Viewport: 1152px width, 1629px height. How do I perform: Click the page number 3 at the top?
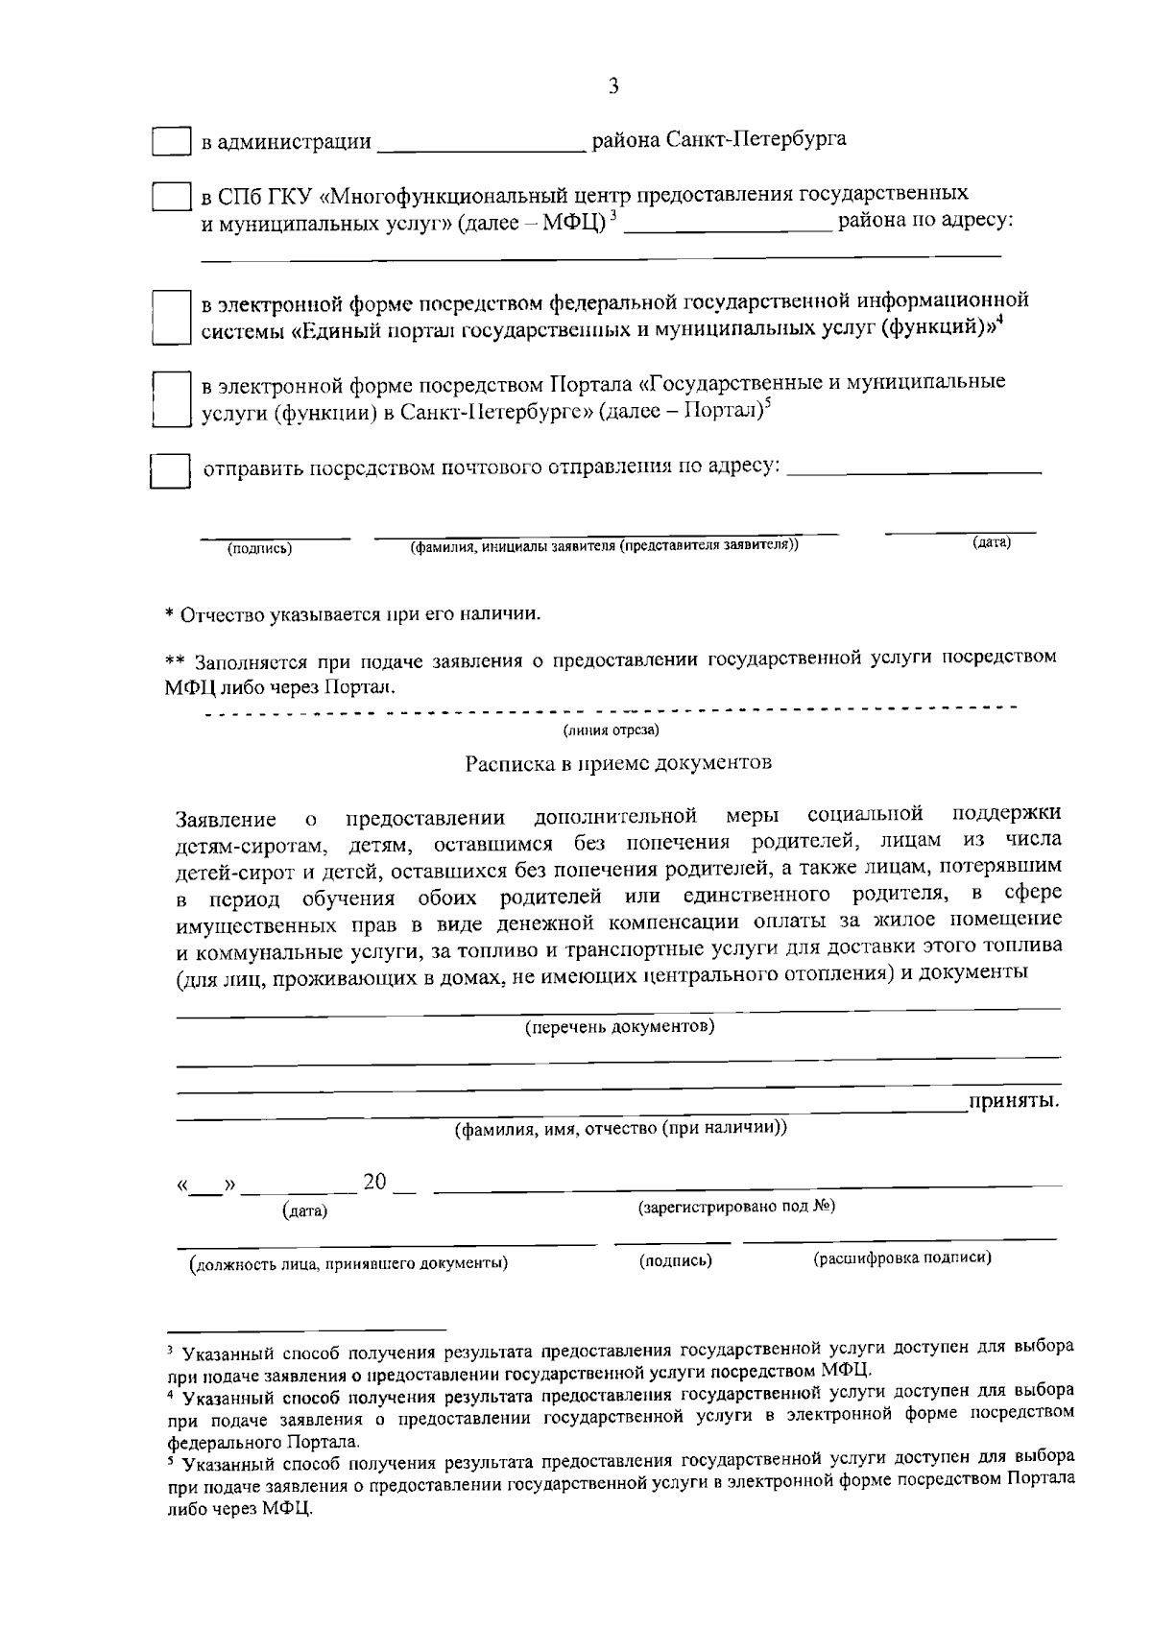[613, 86]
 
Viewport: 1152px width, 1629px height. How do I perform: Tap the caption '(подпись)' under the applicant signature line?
[259, 549]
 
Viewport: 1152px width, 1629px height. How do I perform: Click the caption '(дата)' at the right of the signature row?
[991, 543]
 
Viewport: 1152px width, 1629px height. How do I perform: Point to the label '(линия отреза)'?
[611, 731]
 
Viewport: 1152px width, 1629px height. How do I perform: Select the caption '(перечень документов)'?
[619, 1027]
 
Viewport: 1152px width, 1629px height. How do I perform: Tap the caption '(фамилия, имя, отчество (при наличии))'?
[620, 1129]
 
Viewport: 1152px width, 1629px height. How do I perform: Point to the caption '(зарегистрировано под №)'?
[736, 1207]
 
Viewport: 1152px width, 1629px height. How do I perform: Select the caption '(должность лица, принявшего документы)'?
[348, 1263]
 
